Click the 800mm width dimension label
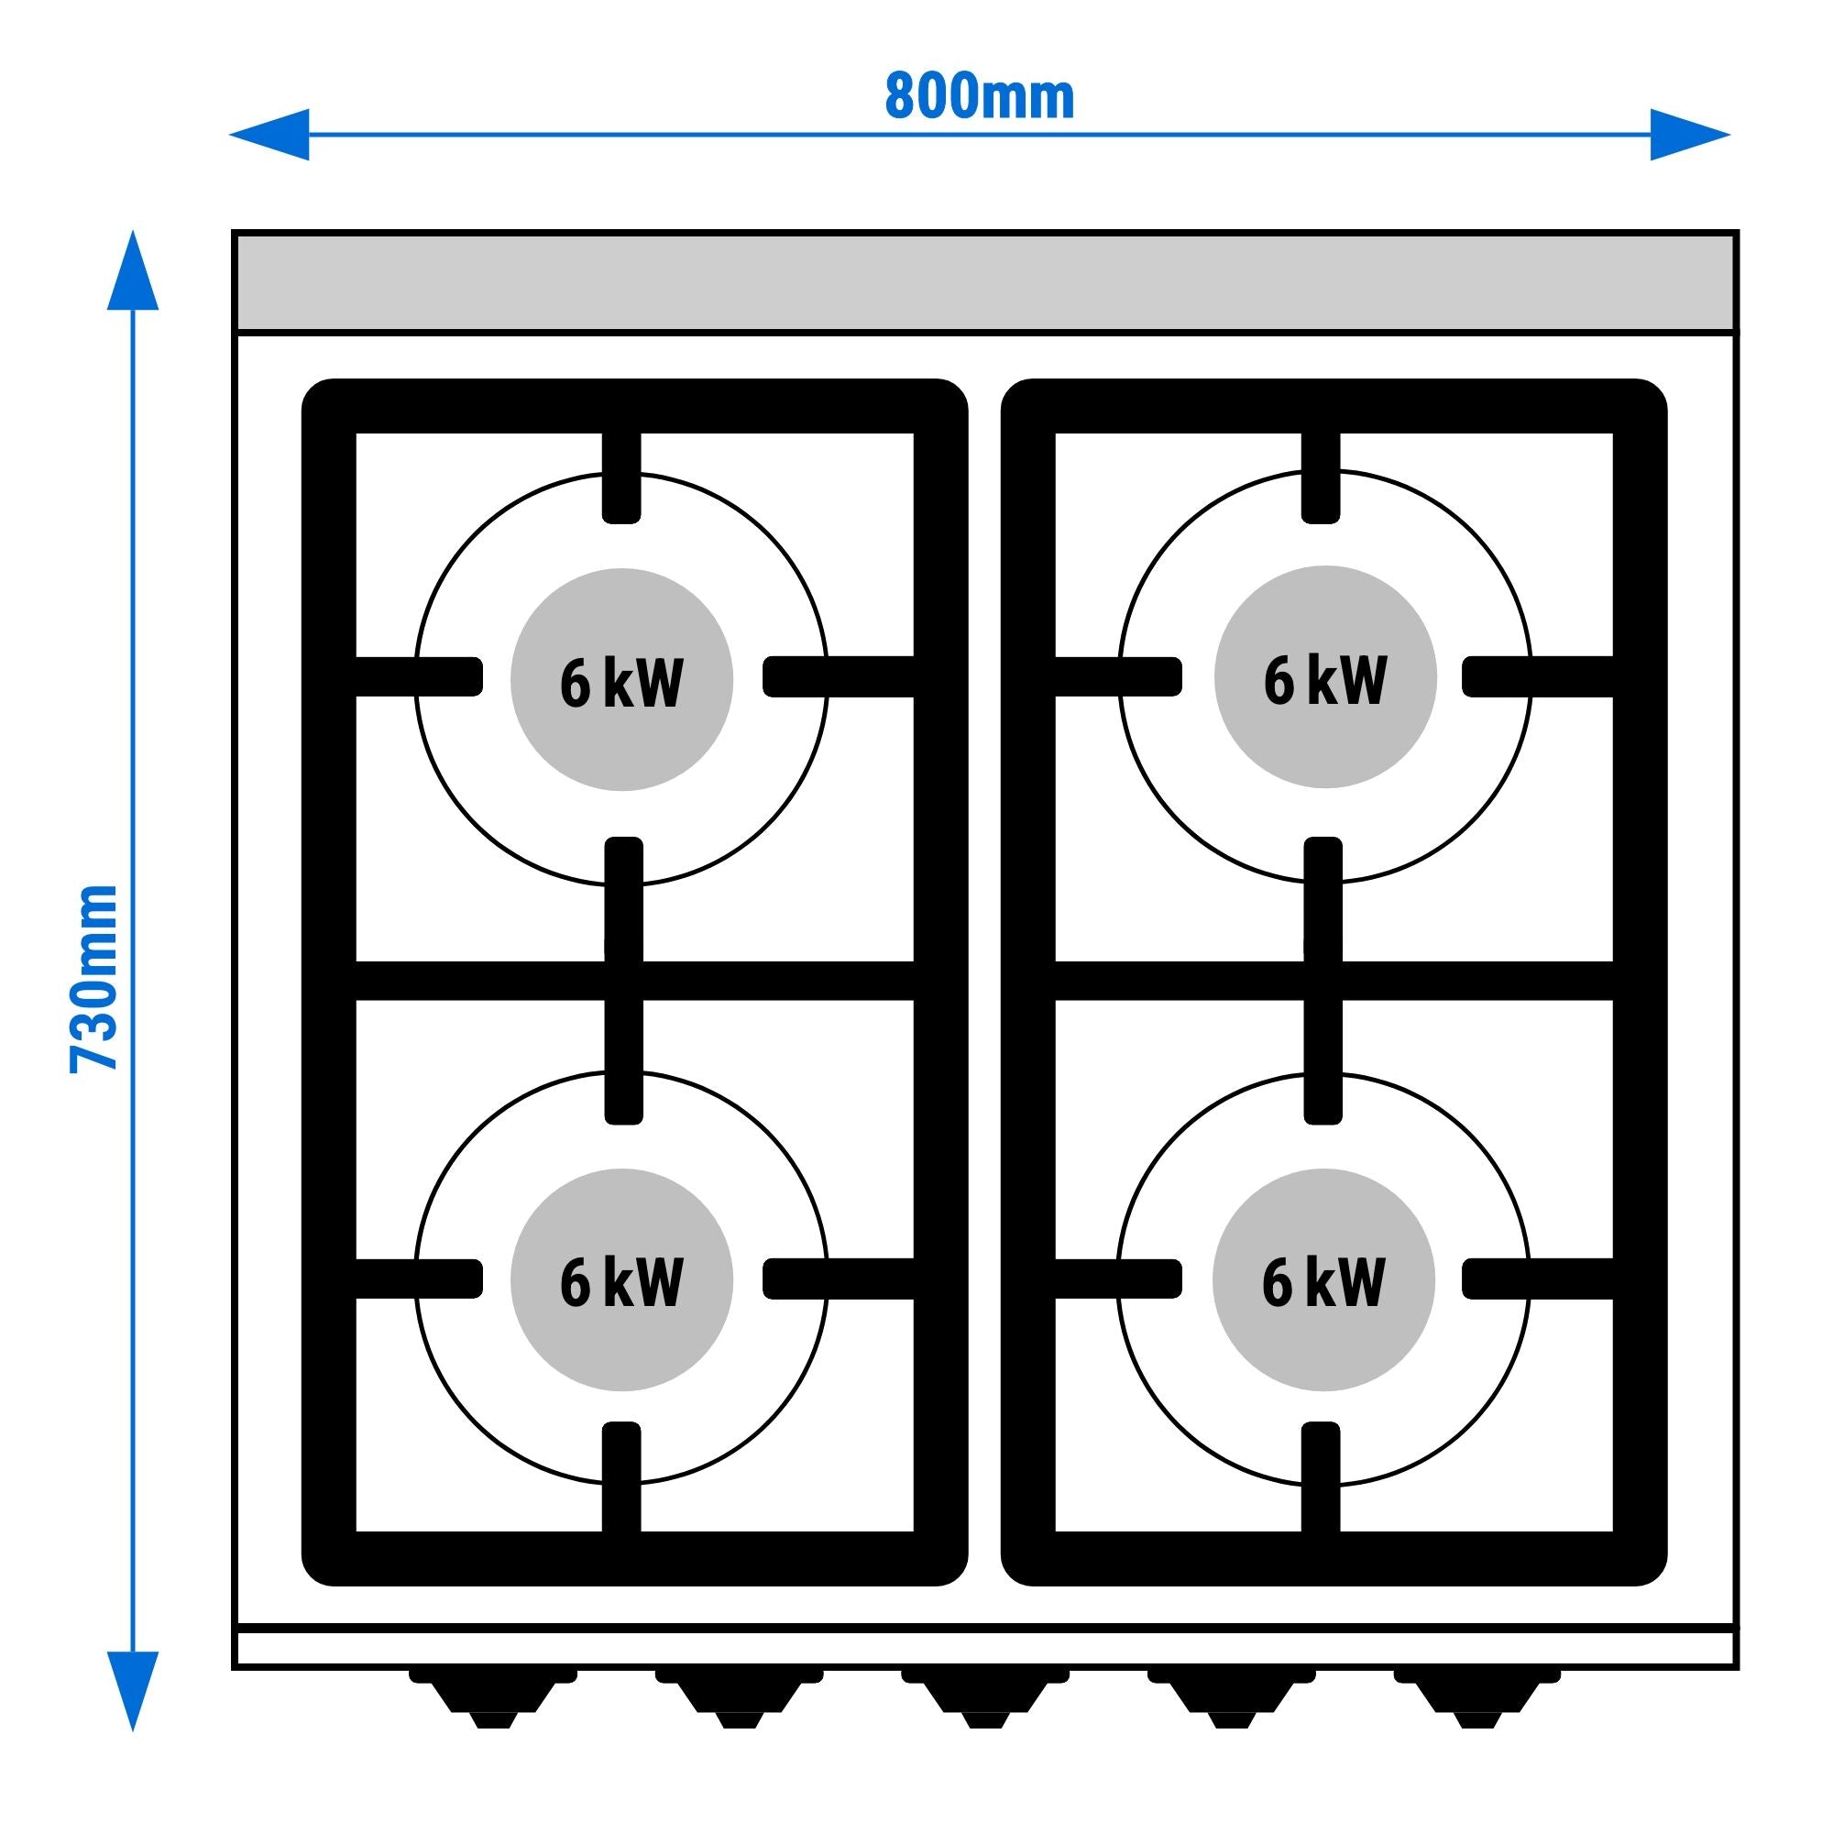click(x=979, y=97)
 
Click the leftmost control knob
click(x=493, y=1695)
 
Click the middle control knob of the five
click(x=985, y=1695)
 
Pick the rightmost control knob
click(x=1476, y=1695)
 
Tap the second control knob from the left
click(x=739, y=1695)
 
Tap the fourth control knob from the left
click(x=1232, y=1695)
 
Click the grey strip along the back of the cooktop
click(x=985, y=282)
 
